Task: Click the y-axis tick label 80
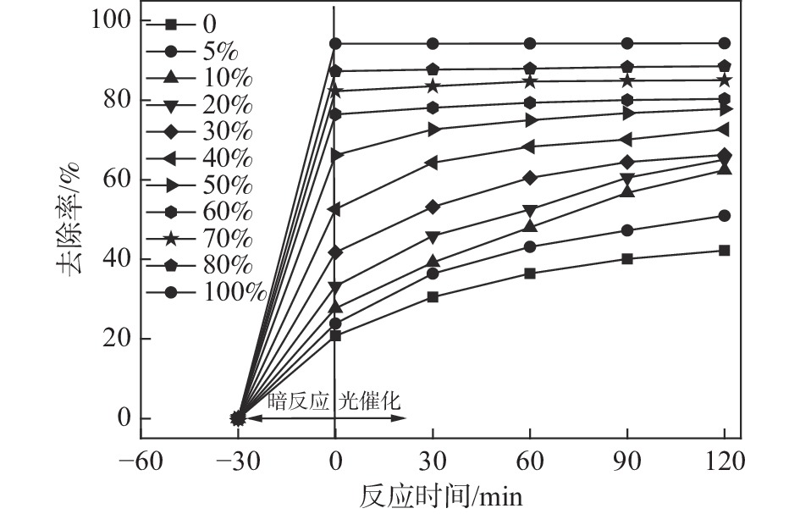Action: (x=114, y=100)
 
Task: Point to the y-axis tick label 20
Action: (x=114, y=339)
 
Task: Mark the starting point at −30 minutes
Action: (x=238, y=417)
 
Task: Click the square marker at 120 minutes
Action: (x=725, y=250)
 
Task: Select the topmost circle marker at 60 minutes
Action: (x=530, y=43)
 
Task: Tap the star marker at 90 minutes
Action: (x=627, y=80)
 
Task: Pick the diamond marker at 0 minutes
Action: (x=335, y=252)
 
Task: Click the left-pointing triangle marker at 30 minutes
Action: (x=433, y=163)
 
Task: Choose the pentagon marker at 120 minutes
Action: (x=725, y=66)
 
